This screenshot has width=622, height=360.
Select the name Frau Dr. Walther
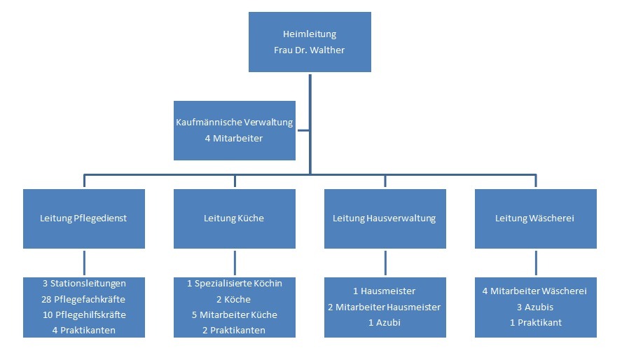(x=310, y=50)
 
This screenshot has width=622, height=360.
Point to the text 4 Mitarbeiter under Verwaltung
(x=234, y=139)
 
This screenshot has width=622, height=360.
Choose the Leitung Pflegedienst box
(x=83, y=219)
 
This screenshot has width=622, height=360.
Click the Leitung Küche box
(x=234, y=219)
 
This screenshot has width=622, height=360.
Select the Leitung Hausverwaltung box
(x=385, y=219)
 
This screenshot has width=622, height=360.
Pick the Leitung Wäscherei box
(x=535, y=219)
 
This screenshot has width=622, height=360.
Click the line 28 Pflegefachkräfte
(x=83, y=299)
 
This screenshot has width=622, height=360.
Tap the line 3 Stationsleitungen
(x=83, y=284)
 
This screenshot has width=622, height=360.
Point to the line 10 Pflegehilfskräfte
(x=83, y=314)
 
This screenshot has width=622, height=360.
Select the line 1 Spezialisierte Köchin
(x=234, y=284)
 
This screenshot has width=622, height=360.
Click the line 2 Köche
(x=234, y=299)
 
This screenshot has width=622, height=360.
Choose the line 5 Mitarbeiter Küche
(x=234, y=314)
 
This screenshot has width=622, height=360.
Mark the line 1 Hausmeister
(x=385, y=291)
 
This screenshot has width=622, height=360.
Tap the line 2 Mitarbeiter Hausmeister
(x=385, y=307)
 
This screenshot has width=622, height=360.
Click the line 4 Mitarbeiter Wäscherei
(x=535, y=291)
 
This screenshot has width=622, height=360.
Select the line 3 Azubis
(x=535, y=307)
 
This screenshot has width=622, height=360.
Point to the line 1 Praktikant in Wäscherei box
(x=535, y=322)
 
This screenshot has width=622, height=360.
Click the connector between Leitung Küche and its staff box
(x=235, y=263)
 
